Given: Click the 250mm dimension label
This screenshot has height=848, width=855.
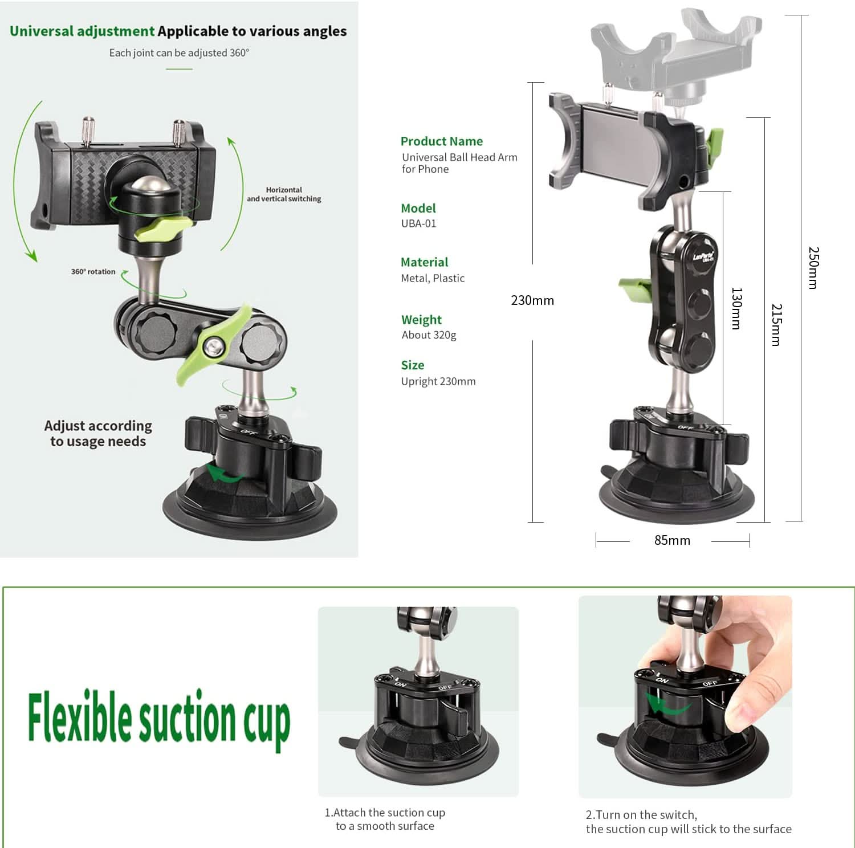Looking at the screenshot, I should tap(813, 267).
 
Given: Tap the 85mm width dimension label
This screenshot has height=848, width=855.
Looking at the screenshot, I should tap(672, 540).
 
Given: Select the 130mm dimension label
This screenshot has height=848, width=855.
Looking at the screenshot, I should tap(736, 308).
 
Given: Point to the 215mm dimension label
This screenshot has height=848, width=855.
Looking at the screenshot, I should tap(776, 324).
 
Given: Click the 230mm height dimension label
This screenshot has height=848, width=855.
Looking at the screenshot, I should tap(532, 300).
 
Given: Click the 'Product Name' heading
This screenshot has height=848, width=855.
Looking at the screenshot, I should tap(441, 141).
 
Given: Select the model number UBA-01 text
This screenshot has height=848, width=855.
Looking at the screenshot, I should tap(418, 223).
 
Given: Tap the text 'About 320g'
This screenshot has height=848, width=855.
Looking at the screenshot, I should tap(429, 335).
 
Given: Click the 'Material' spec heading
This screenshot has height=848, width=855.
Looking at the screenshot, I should tap(424, 262).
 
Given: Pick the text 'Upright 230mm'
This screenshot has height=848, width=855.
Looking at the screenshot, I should tap(438, 381).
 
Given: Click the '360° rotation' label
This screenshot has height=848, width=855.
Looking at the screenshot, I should tap(93, 272).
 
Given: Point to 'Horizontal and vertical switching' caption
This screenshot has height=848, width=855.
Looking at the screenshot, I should tap(284, 194).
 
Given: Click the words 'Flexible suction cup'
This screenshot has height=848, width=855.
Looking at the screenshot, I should tap(159, 719).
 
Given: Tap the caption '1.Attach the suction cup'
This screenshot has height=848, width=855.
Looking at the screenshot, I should tap(385, 813).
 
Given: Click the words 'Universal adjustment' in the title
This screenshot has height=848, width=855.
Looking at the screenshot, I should tap(82, 31).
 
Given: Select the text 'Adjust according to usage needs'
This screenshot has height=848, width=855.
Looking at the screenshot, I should tap(98, 434).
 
